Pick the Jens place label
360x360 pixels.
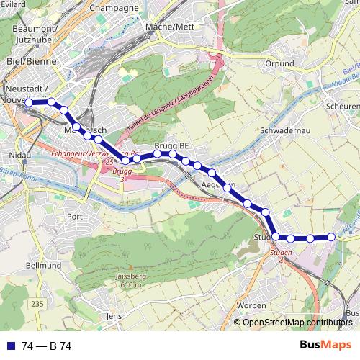pos(113,316)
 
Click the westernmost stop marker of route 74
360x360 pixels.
pos(30,103)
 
